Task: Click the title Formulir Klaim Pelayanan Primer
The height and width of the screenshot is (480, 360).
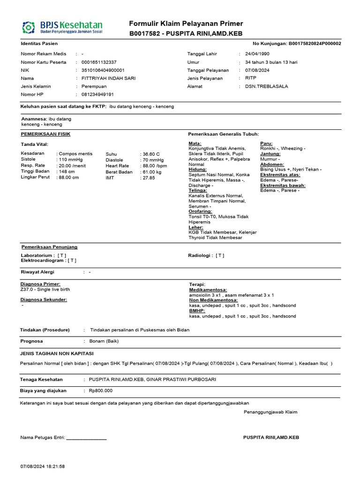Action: point(186,24)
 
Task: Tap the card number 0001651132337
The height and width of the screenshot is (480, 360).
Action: point(99,62)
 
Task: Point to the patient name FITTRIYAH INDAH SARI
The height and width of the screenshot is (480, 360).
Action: point(108,78)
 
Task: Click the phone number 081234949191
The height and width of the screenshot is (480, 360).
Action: point(97,94)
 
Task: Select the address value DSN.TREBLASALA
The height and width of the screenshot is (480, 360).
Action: point(263,86)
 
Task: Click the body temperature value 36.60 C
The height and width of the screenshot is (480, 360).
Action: point(150,154)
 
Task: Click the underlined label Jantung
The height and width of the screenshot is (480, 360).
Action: point(270,154)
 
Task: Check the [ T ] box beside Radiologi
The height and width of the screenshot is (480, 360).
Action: point(220,255)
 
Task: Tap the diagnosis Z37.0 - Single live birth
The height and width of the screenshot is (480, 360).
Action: point(45,290)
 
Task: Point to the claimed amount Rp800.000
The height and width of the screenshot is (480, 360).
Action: point(100,390)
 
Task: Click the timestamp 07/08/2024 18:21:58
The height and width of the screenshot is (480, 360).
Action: point(43,467)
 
